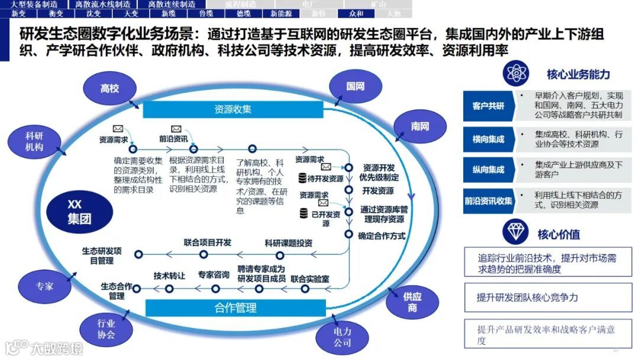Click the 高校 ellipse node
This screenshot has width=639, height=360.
[x=109, y=89]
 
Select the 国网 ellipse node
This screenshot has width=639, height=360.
[x=355, y=86]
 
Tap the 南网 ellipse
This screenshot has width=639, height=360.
[x=420, y=127]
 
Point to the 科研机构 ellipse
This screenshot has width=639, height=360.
[x=34, y=142]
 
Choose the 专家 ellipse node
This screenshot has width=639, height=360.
[x=44, y=286]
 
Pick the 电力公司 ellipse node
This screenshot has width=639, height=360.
[x=342, y=337]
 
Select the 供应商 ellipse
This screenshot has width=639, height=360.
[x=412, y=302]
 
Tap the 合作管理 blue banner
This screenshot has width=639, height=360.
[x=235, y=307]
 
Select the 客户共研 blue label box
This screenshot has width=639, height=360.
[x=488, y=106]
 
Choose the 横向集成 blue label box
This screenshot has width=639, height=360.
[x=488, y=139]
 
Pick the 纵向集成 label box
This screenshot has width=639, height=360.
[x=488, y=169]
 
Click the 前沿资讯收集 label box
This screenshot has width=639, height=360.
[x=488, y=201]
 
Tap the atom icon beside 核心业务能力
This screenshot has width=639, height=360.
[x=515, y=74]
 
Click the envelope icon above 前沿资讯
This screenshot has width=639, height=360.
[x=176, y=128]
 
